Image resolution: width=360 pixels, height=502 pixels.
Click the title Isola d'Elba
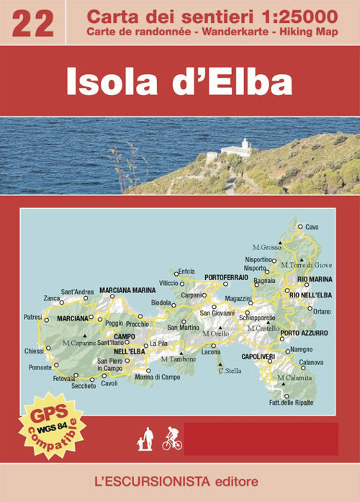[x=180, y=82]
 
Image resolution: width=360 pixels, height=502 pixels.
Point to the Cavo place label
[x=312, y=227]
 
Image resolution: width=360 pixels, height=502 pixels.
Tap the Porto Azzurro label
[x=304, y=333]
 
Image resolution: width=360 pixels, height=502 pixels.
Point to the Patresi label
[x=33, y=316]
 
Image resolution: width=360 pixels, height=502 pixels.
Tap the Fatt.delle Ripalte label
[x=291, y=403]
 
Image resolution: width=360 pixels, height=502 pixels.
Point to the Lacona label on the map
[x=211, y=351]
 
